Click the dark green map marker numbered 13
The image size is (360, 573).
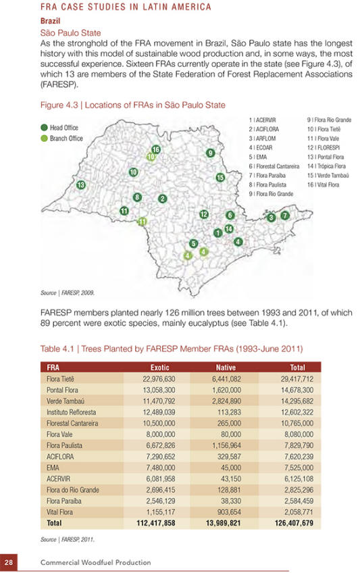pos(80,184)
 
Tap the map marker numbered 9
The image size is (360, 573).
pos(210,153)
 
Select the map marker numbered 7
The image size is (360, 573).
pos(285,216)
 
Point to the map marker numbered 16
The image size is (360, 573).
pos(156,149)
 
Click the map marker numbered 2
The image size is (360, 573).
pos(162,199)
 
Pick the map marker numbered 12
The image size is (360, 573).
pos(204,214)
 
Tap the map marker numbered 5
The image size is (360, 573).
pos(194,243)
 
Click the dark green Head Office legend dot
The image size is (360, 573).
pos(44,128)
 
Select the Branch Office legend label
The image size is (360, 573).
pos(66,139)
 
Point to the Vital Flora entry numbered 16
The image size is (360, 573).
pos(323,185)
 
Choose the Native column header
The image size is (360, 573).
pos(226,368)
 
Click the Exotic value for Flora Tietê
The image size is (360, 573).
pos(159,379)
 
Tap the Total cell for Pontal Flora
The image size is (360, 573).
pos(297,390)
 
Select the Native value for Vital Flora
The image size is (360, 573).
pos(229,512)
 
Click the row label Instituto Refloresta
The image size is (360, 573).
pos(71,412)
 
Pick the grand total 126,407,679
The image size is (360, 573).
pos(294,523)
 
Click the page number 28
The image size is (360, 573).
pos(9,562)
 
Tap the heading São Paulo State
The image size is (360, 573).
pos(70,33)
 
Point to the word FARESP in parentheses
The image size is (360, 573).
pos(59,84)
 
